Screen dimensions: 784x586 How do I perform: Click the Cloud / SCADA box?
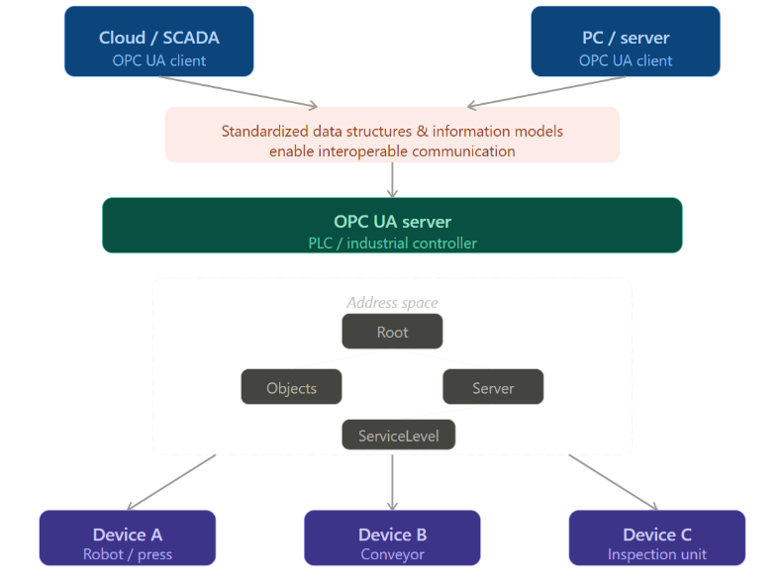pos(159,41)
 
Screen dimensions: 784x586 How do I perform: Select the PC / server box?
pos(626,41)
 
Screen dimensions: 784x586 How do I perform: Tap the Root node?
pos(392,331)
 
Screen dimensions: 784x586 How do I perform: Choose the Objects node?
pos(291,386)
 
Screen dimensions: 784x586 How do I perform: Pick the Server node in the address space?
pos(493,386)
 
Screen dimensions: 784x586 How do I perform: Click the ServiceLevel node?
pos(399,435)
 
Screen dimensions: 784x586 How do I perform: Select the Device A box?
pos(128,537)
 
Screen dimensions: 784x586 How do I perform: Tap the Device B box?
pos(393,537)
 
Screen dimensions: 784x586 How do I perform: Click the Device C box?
pos(657,537)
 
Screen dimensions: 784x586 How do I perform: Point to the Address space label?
pos(393,303)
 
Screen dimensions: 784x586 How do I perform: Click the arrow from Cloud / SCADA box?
pos(239,91)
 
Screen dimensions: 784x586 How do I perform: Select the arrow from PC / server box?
pos(546,91)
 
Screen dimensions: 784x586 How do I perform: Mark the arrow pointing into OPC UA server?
pos(393,180)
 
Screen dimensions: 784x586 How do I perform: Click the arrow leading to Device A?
pos(171,482)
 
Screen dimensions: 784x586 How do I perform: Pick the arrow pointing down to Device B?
pos(393,482)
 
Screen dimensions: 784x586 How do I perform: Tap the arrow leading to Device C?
pos(614,482)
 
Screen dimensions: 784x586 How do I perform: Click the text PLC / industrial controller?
pos(393,243)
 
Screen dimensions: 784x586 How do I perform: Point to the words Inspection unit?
pos(657,554)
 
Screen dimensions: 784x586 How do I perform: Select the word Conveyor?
pos(393,554)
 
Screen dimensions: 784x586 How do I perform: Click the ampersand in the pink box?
pos(423,131)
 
